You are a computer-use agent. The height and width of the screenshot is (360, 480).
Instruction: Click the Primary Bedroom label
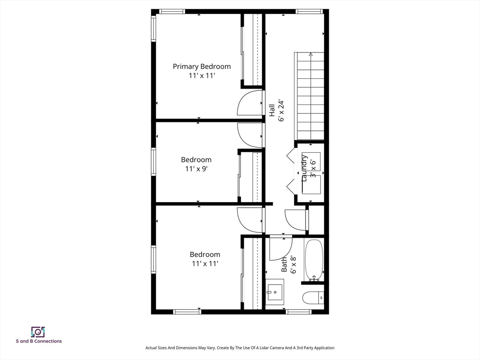click(202, 67)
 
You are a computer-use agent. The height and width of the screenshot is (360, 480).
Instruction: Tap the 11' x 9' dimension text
click(196, 169)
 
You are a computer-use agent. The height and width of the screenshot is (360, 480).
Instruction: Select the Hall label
click(272, 111)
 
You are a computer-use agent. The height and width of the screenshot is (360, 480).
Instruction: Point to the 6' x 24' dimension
click(281, 111)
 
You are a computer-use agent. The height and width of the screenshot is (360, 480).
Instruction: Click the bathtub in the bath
click(314, 260)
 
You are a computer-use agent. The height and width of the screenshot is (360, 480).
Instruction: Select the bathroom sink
click(275, 292)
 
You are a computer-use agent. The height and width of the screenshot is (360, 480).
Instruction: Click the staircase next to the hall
click(309, 96)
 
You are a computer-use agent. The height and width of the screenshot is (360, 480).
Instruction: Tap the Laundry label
click(304, 168)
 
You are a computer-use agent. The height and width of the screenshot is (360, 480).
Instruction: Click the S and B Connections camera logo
click(38, 332)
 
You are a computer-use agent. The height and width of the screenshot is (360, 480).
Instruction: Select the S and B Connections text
click(39, 341)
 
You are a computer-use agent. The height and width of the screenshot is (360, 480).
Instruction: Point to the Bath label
click(284, 264)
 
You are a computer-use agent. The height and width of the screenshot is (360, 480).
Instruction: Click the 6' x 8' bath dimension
click(293, 264)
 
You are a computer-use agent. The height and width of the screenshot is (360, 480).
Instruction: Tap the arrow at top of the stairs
click(311, 54)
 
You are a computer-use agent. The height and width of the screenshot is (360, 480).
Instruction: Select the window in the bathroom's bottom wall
click(299, 312)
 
